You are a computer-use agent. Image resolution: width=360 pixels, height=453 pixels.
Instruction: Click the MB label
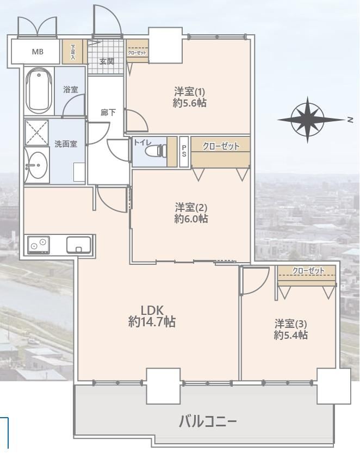point(38,52)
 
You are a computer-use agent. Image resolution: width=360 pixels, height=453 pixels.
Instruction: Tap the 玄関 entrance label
point(107,61)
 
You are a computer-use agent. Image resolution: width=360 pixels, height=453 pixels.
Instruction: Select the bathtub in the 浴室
point(39,90)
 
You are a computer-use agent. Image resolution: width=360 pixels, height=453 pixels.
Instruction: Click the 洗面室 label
point(66,144)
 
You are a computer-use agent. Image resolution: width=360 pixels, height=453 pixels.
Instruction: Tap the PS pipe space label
point(184,151)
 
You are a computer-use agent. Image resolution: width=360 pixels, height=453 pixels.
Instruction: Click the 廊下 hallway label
point(108,112)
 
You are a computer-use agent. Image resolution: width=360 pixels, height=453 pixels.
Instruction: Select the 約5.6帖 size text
point(190,103)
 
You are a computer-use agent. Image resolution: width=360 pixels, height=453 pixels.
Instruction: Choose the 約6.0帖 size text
point(191,219)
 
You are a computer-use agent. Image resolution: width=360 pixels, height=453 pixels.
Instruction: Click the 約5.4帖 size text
point(290,335)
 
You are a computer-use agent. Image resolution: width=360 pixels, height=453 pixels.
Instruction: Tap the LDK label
point(152,311)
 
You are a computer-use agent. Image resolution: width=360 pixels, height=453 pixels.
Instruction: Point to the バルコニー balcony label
point(208,422)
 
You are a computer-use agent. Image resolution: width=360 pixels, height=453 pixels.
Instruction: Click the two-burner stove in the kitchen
point(39,245)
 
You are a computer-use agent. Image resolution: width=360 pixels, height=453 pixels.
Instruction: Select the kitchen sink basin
point(79,245)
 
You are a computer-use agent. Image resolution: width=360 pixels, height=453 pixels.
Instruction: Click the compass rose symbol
point(308,119)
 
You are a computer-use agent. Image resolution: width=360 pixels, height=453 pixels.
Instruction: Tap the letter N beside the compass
point(350,120)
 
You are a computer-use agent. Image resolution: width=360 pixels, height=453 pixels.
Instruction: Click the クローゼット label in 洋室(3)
point(308,271)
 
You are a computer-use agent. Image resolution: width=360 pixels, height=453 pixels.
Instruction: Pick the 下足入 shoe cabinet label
point(72,52)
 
